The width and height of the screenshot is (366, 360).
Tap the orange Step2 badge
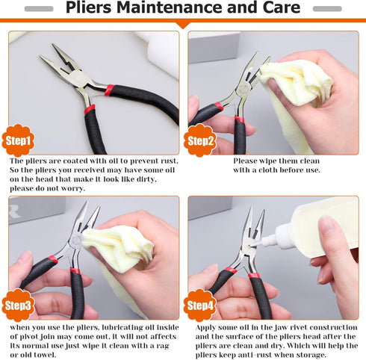(x=200, y=140)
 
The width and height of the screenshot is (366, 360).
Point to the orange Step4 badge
(x=200, y=304)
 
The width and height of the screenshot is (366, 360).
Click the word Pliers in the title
(x=94, y=9)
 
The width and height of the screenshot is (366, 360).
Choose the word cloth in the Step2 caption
(x=265, y=170)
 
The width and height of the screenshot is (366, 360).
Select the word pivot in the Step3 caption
(x=25, y=335)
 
